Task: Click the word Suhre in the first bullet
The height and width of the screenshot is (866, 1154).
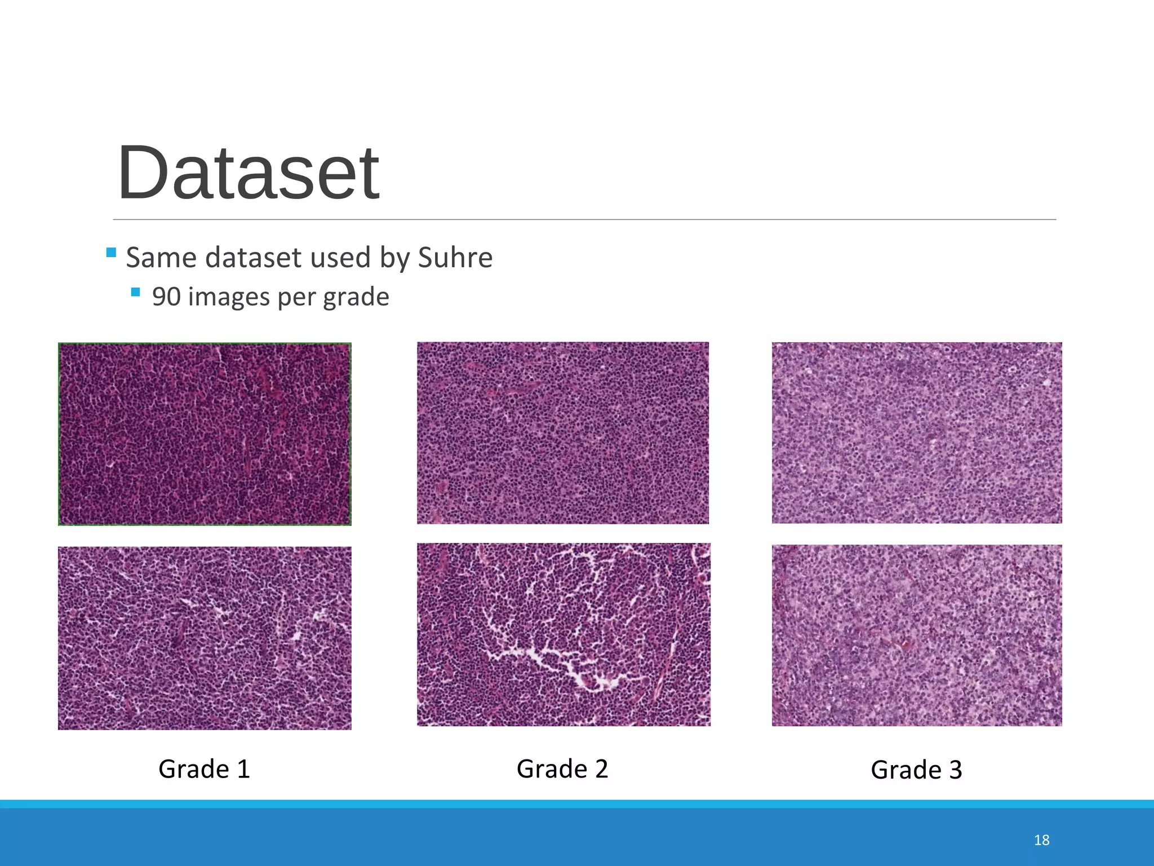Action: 455,258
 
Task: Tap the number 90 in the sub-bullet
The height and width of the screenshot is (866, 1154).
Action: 166,297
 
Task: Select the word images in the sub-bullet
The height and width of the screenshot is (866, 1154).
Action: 229,297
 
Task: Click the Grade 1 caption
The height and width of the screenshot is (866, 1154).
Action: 204,769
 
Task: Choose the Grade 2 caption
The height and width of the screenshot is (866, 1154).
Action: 562,769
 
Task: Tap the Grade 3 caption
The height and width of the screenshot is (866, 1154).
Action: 916,770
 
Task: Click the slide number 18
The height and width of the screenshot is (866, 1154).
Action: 1041,840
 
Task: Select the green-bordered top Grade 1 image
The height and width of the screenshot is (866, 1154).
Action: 205,434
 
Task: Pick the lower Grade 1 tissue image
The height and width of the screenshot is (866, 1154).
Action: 205,638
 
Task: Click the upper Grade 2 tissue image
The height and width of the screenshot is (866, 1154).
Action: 563,433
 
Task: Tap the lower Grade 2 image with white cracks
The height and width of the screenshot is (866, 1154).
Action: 563,634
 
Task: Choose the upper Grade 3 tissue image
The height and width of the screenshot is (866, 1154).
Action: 917,433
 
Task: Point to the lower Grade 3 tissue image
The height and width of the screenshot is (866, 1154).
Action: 917,635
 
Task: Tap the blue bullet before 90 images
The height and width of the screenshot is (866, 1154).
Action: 135,292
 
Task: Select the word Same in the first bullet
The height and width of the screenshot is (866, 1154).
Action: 161,258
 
